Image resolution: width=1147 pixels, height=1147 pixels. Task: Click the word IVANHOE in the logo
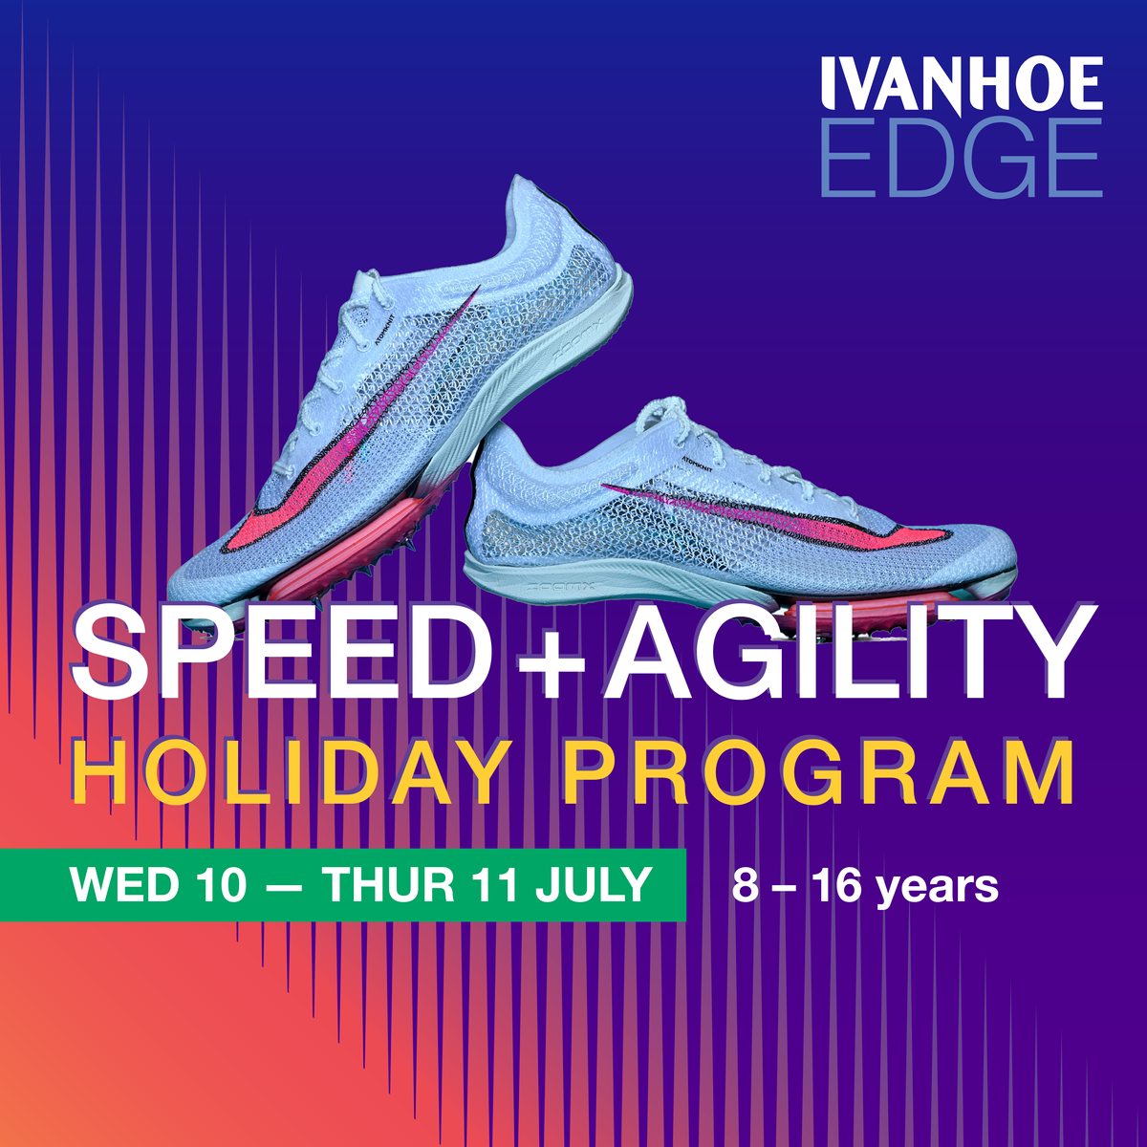tap(962, 85)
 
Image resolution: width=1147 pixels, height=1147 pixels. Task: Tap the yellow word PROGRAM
tap(818, 771)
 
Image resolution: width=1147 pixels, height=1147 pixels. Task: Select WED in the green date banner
tap(124, 884)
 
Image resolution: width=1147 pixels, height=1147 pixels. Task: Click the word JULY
tap(593, 884)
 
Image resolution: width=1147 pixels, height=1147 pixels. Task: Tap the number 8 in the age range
tap(744, 885)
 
